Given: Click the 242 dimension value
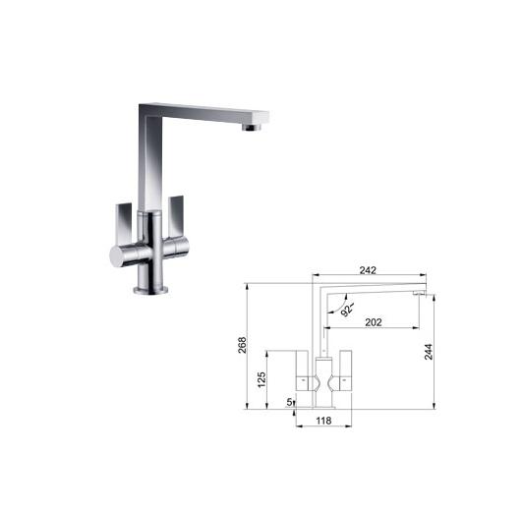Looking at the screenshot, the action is coord(368,270).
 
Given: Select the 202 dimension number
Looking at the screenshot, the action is coord(374,322).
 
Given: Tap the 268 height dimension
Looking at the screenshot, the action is coord(243,345).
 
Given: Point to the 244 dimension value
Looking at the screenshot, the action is coord(429,352).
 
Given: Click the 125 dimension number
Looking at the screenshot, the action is coord(261,379).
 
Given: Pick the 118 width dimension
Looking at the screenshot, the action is coord(323,421).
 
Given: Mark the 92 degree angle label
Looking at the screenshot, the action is coord(347,310).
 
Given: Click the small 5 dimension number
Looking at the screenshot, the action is coord(289,402).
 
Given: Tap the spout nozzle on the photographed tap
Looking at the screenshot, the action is coord(253,127).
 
